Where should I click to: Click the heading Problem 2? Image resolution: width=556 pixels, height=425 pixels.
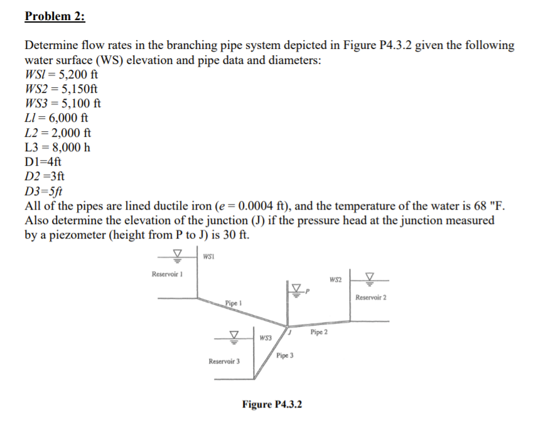tap(55, 17)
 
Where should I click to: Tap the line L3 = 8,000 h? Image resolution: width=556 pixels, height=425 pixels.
tap(57, 148)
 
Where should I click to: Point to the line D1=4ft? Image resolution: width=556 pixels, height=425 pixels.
tap(43, 162)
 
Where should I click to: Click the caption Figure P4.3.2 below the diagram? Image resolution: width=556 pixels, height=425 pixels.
tap(272, 404)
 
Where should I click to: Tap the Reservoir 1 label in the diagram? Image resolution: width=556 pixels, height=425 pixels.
tap(166, 274)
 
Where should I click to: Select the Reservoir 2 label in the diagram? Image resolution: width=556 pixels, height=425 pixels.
tap(370, 297)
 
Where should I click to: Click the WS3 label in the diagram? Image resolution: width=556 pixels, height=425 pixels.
tap(265, 338)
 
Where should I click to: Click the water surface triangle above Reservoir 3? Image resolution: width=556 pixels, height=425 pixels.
tap(234, 336)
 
